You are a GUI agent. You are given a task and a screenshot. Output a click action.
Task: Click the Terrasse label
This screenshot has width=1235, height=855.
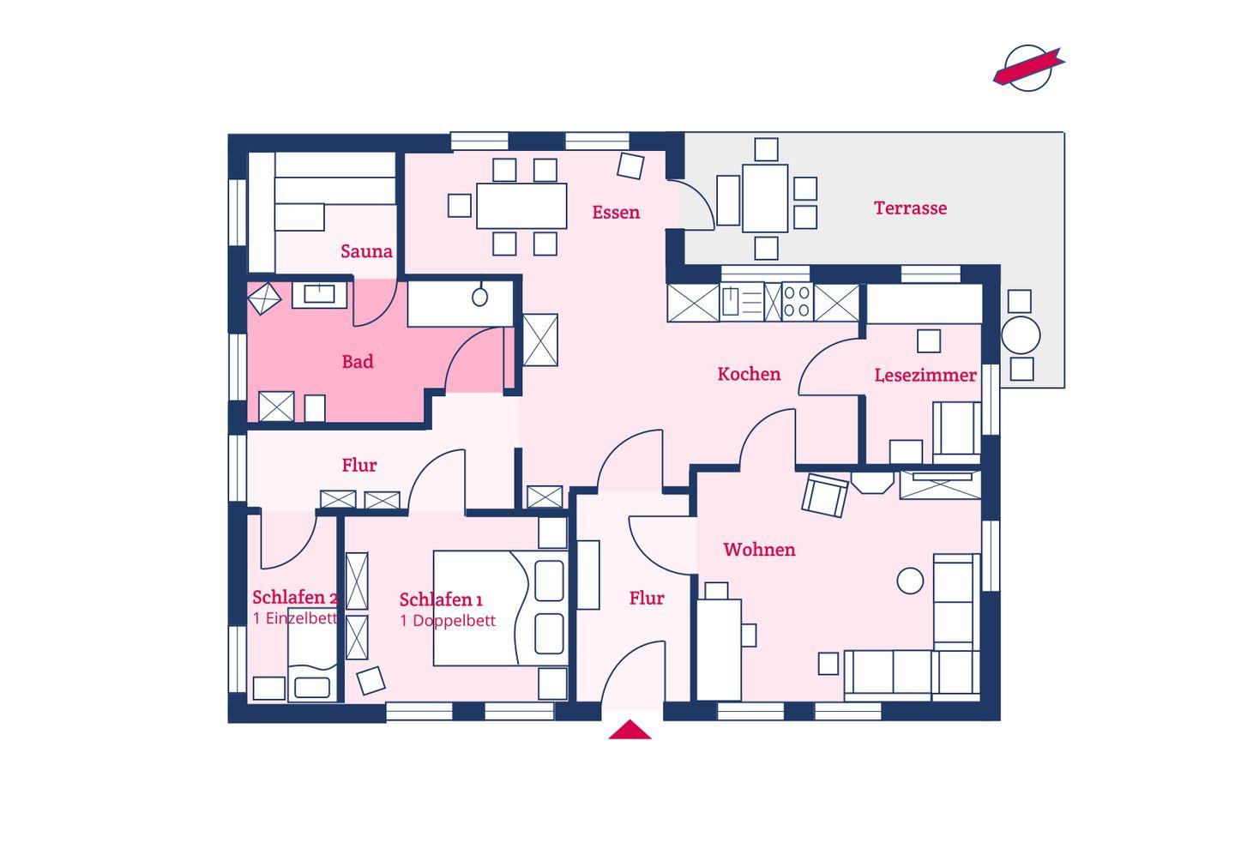point(910,208)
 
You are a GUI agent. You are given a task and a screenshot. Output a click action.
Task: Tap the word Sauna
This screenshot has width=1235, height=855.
point(366,251)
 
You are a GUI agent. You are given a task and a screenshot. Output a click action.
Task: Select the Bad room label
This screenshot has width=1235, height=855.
point(358,362)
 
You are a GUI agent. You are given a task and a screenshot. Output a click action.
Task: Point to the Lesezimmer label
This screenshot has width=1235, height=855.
point(925,376)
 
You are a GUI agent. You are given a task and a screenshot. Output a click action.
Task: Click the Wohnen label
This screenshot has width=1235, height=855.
point(759,550)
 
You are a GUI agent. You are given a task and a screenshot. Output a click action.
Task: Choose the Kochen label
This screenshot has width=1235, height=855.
point(749,374)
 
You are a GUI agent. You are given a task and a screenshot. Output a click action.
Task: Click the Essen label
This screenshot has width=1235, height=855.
point(616,212)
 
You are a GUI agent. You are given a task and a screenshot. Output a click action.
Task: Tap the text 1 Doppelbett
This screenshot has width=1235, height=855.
point(448,621)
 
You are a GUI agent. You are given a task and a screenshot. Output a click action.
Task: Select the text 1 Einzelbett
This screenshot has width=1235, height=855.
point(295,618)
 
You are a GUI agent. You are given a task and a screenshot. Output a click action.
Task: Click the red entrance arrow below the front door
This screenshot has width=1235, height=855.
point(630,730)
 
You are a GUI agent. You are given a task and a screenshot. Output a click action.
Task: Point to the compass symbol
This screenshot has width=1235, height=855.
point(1028,68)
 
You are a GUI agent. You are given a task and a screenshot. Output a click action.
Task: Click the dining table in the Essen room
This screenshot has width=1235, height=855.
point(521,206)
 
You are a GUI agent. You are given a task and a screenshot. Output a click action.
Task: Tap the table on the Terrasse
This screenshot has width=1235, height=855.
point(765,198)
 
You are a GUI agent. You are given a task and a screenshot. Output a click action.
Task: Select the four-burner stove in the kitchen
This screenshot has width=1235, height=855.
point(798,302)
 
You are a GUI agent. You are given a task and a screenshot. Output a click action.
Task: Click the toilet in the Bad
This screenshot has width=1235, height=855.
point(480,297)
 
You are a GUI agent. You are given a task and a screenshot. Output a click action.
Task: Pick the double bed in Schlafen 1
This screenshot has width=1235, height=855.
point(501,608)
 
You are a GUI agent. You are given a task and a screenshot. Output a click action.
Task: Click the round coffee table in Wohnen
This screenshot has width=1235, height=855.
point(910,581)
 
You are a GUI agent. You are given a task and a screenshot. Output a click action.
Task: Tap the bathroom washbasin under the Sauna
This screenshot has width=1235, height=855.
point(319,294)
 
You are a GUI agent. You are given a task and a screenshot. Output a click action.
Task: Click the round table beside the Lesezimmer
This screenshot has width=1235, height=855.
point(1021,335)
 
